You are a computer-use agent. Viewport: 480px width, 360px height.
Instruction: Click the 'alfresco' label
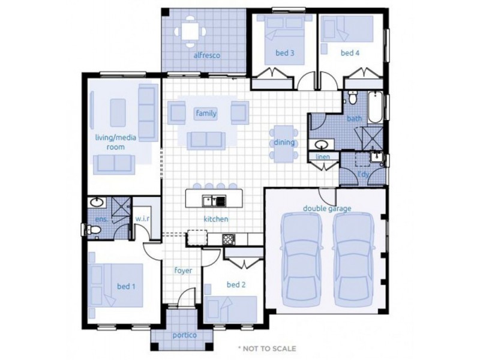pos(206,55)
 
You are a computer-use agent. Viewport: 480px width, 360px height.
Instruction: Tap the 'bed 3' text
pos(284,53)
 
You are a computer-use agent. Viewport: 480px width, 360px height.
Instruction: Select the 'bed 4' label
pos(350,53)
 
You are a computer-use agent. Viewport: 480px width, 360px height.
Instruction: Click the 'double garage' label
pos(326,208)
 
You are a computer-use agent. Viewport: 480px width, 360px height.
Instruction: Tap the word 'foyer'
pos(182,271)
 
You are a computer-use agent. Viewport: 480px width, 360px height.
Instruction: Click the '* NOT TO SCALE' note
pos(266,348)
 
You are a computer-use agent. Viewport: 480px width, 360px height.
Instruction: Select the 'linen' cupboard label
pos(322,157)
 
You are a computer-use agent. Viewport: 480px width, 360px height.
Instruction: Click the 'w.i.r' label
pos(142,220)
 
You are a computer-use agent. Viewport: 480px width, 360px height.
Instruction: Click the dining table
pos(283,143)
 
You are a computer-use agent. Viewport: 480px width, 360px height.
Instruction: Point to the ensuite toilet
pos(89,228)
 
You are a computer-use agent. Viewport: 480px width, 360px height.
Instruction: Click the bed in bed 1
pos(116,286)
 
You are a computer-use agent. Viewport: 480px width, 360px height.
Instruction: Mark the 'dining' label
pos(284,143)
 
